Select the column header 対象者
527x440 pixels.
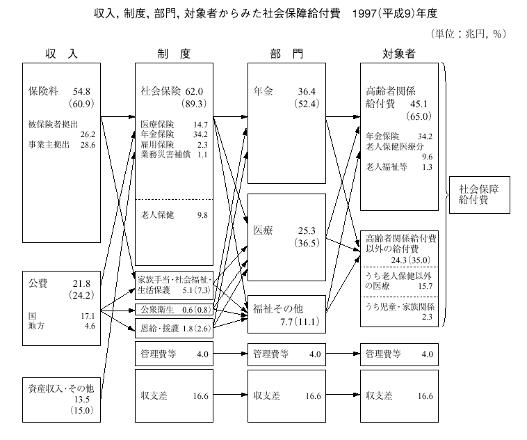(x=399, y=54)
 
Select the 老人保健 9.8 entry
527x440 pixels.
(x=174, y=215)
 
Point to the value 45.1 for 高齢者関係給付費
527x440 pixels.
(x=423, y=104)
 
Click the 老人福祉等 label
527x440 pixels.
(x=385, y=167)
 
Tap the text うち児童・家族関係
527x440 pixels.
(x=400, y=306)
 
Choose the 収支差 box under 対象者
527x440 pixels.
(x=399, y=395)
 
